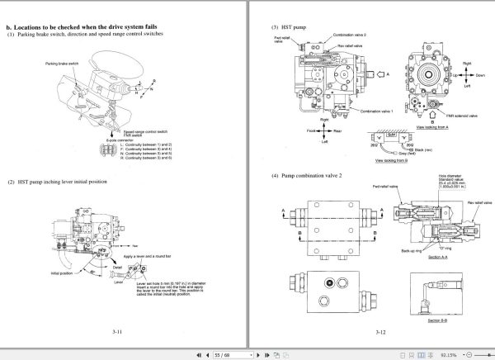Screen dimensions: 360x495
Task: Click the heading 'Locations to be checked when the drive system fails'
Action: coord(87,26)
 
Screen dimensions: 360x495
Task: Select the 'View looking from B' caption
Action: coord(391,160)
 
